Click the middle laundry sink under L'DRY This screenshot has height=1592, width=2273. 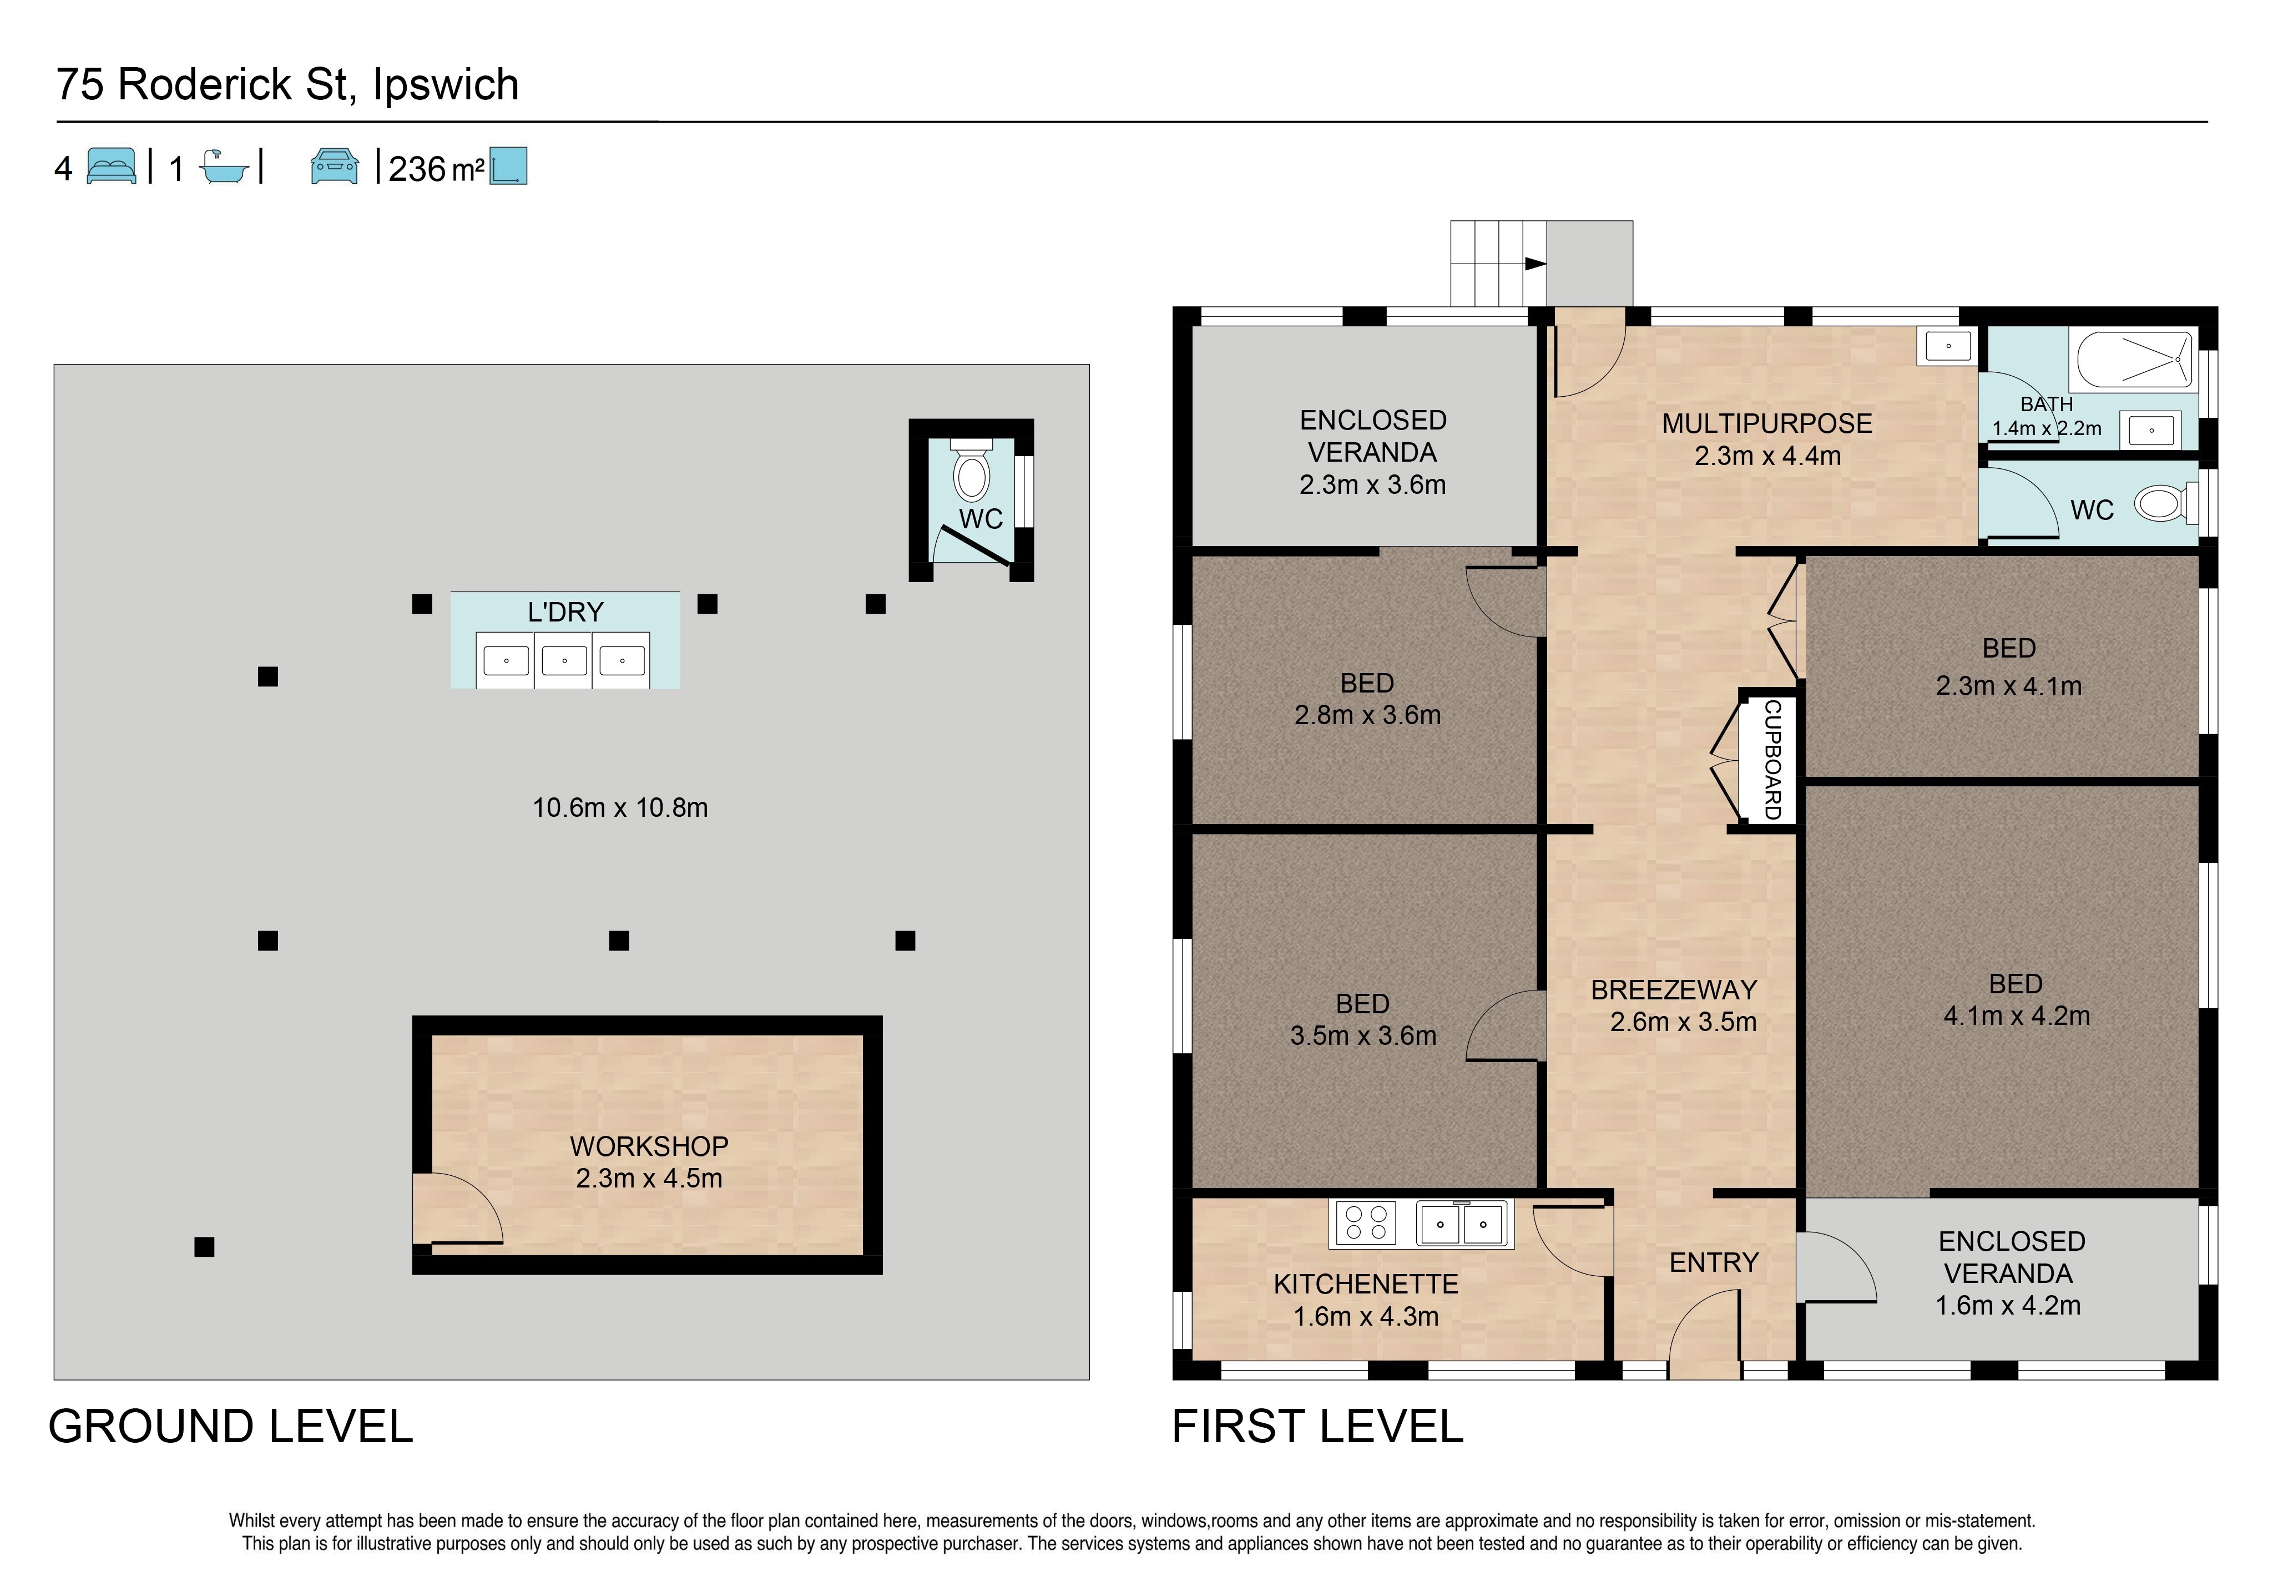[x=564, y=660]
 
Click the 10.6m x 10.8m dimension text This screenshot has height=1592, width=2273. [x=621, y=808]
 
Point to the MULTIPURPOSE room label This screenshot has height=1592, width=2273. [x=1767, y=424]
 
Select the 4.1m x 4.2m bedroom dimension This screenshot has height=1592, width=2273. [x=2017, y=1016]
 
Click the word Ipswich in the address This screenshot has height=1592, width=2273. [x=446, y=85]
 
